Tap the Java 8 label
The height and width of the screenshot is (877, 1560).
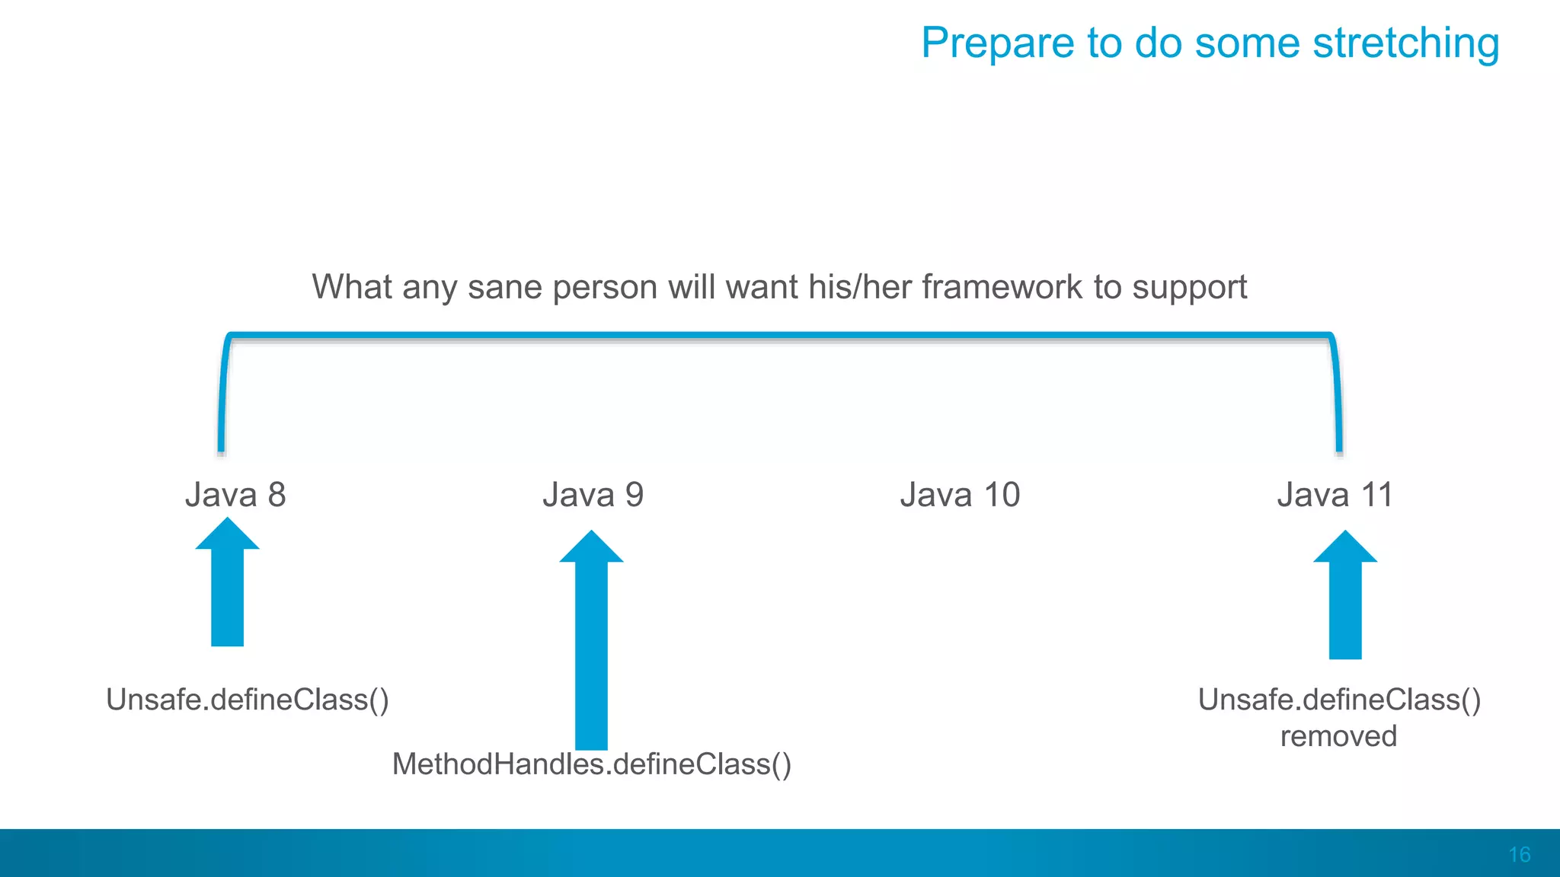click(x=235, y=495)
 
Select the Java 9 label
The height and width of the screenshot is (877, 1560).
click(x=593, y=495)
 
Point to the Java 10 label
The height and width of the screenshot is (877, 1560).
click(x=960, y=495)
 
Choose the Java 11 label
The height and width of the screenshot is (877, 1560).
click(x=1335, y=495)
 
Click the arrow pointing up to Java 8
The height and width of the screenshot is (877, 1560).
click(x=227, y=586)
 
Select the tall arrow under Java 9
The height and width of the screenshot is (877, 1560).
click(x=591, y=647)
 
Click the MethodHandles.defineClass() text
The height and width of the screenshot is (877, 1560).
click(x=592, y=764)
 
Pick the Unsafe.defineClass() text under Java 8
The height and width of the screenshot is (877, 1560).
click(x=248, y=700)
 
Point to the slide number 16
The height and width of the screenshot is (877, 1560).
click(x=1519, y=855)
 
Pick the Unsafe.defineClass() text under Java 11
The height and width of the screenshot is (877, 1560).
click(x=1339, y=700)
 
